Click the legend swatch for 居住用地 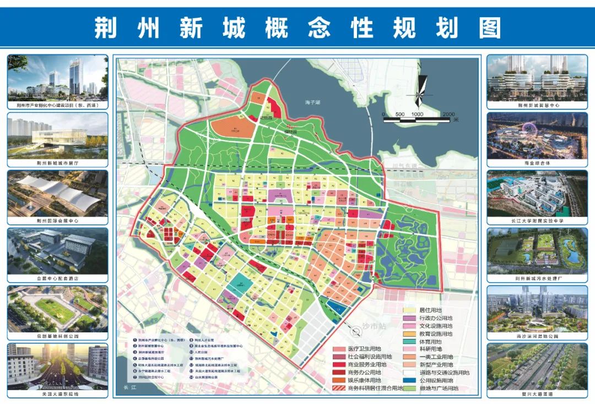410,310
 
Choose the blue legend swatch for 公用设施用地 410,380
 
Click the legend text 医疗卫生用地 365,349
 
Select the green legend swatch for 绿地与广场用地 410,388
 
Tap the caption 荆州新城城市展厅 57,164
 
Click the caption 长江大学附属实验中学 537,221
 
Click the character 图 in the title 489,27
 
